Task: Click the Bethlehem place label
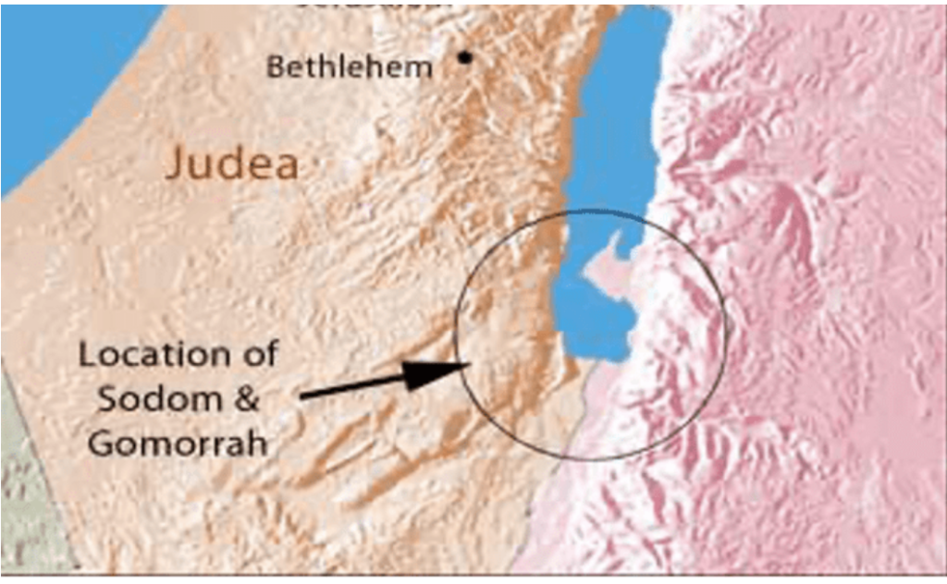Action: (x=349, y=67)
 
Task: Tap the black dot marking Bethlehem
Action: (x=464, y=58)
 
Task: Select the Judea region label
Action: (x=232, y=166)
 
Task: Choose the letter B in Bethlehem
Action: (x=275, y=67)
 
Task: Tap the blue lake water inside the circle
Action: (x=592, y=323)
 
